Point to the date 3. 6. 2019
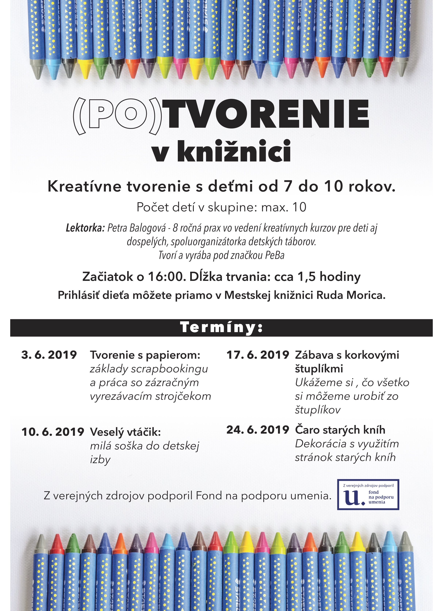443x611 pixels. click(49, 355)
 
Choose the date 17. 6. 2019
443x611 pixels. click(258, 355)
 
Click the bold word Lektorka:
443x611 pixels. click(85, 228)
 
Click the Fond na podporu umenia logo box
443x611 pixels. click(368, 495)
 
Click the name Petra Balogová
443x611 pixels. click(137, 228)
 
